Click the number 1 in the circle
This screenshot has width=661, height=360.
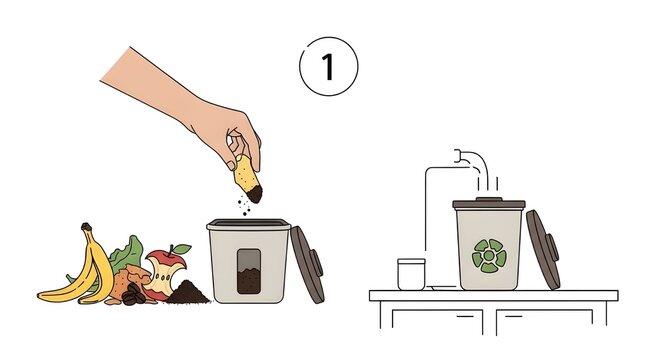click(x=328, y=67)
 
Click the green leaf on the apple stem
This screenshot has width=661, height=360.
click(x=181, y=247)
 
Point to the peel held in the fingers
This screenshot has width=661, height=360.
click(x=246, y=180)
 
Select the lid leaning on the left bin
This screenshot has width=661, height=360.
click(x=310, y=264)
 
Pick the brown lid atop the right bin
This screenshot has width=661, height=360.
click(x=488, y=204)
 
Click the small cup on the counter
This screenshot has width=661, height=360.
click(x=411, y=274)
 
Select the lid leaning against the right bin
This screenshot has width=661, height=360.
click(x=543, y=251)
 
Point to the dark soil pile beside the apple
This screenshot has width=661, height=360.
click(x=189, y=293)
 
